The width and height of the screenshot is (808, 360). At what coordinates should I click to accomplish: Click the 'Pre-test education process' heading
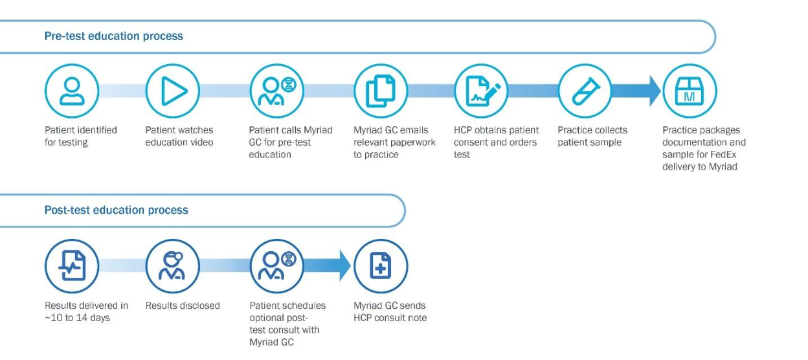pos(114,36)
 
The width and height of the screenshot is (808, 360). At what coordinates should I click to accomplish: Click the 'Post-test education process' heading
pos(116,210)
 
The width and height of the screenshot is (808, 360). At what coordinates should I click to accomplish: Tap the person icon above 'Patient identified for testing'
pos(72,91)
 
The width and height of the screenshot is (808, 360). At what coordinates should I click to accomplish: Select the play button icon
pos(173,91)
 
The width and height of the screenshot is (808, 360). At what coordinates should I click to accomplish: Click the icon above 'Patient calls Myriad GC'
pos(277,91)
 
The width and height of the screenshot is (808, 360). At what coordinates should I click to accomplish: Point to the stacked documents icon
pos(381,91)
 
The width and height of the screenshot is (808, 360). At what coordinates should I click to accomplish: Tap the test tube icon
pos(585,91)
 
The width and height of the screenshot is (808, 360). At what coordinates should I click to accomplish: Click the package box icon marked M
pos(690,91)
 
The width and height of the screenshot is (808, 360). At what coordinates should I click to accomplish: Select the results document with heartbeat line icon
pos(72,266)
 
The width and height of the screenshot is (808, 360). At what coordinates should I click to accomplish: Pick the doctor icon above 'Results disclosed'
pos(173,266)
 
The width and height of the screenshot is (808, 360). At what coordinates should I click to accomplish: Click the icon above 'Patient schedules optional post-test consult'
pos(277,266)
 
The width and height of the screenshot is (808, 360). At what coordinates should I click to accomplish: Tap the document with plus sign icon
pos(381,266)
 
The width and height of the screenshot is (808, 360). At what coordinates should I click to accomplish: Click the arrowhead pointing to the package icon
pos(655,91)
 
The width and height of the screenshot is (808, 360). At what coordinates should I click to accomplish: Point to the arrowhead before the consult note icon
pos(345,266)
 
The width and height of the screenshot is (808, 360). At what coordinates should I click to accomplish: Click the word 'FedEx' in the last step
pos(723,154)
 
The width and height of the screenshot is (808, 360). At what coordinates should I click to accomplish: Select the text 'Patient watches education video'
pos(179,136)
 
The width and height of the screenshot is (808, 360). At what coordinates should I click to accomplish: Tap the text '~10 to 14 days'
pos(77,318)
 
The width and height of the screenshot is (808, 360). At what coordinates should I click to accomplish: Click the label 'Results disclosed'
pos(183,306)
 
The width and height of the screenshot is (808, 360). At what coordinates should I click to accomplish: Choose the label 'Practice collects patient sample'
pos(592,136)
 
